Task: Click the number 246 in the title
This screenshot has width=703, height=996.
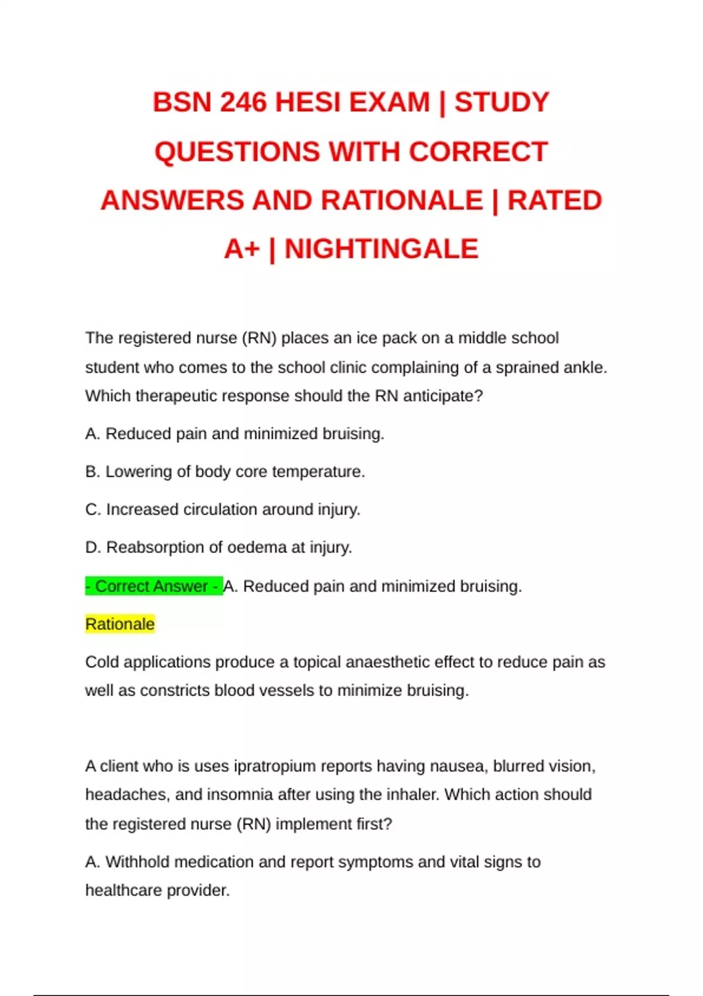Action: [243, 103]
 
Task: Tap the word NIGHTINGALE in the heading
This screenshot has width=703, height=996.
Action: [381, 249]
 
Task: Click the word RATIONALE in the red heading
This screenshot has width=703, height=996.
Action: [401, 200]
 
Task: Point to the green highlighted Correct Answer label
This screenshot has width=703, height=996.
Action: [153, 586]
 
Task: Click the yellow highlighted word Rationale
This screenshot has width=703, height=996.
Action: [120, 624]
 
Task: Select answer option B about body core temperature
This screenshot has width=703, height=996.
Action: [225, 472]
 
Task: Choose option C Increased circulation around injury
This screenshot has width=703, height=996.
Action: [223, 510]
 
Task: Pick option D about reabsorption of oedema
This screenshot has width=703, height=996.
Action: [219, 547]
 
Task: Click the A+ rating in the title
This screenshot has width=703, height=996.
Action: [241, 249]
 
